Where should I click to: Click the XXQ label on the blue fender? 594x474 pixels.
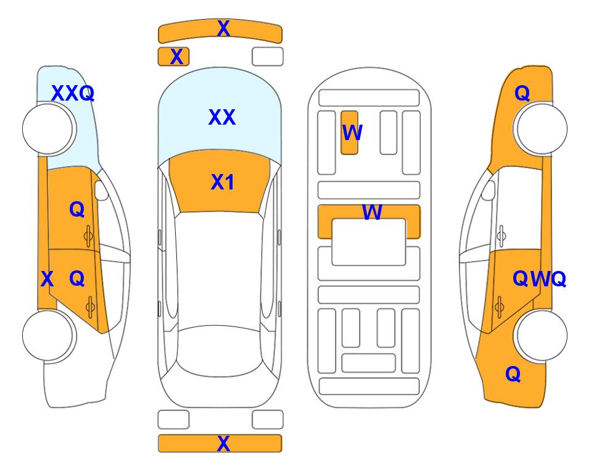coord(73,93)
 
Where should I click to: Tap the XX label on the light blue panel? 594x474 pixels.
coord(222,117)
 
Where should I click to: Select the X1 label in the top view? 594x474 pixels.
coord(223,182)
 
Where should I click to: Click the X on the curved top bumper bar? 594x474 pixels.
coord(223,28)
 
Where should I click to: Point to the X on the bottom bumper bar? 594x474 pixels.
coord(223,443)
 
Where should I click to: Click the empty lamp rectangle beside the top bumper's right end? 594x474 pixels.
coord(268,57)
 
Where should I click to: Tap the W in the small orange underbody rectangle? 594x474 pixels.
coord(352,132)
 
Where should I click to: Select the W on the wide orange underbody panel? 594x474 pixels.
coord(372,212)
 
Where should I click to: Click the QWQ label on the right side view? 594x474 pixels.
coord(539,279)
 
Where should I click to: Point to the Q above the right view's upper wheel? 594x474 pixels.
coord(522,93)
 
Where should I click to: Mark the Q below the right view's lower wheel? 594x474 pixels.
coord(513,374)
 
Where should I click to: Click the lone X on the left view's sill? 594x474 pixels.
coord(47,279)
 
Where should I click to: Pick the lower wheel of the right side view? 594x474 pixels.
coord(540,335)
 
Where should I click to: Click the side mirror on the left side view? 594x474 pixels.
coord(101,190)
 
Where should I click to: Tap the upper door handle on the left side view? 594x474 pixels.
coord(88,236)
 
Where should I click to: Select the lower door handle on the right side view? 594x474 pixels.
coord(500,307)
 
